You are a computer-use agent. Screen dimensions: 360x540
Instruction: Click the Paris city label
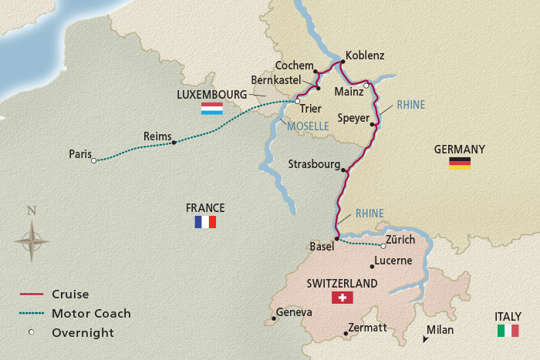coord(80,153)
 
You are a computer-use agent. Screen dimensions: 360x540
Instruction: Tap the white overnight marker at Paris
coord(93,161)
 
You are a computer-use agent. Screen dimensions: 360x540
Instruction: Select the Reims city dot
coord(174,143)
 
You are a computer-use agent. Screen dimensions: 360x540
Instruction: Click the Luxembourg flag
coord(212,109)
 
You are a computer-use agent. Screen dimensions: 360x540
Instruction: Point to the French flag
coord(205,222)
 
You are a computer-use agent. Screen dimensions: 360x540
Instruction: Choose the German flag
coord(460,163)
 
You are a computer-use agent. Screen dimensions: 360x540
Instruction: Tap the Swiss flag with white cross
coord(340,298)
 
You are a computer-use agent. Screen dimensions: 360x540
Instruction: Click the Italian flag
coord(508,331)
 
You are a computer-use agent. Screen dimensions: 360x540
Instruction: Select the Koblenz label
coord(366,56)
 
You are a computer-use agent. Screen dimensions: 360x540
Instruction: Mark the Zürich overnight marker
coord(383,247)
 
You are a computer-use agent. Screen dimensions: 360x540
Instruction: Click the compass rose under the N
coord(32,241)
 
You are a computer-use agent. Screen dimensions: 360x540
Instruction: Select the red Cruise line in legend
coord(31,294)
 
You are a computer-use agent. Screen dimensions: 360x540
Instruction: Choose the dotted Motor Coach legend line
coord(31,314)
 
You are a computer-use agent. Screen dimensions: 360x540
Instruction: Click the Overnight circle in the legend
coord(31,333)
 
